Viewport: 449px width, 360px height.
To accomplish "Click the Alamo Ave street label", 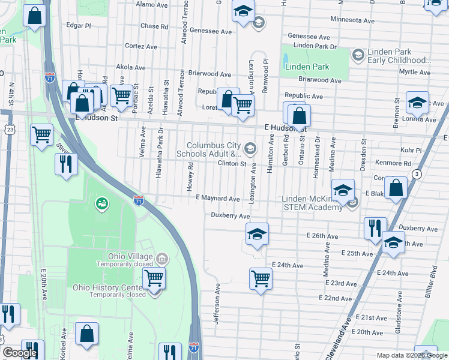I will coord(150,4).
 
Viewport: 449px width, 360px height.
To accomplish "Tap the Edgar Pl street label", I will coord(79,26).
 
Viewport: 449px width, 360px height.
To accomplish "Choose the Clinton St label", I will coord(232,163).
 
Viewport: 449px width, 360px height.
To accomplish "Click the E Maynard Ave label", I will coord(217,199).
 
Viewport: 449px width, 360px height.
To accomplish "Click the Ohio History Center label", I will coord(109,287).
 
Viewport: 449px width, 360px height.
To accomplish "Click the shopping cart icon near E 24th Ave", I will coord(261,278).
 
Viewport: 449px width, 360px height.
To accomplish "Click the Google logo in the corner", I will coord(20,353).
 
